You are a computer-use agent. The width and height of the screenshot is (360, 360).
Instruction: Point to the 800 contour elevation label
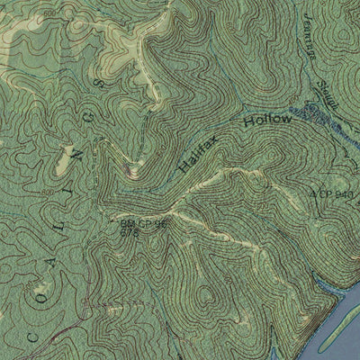pyautogui.click(x=47, y=192)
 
